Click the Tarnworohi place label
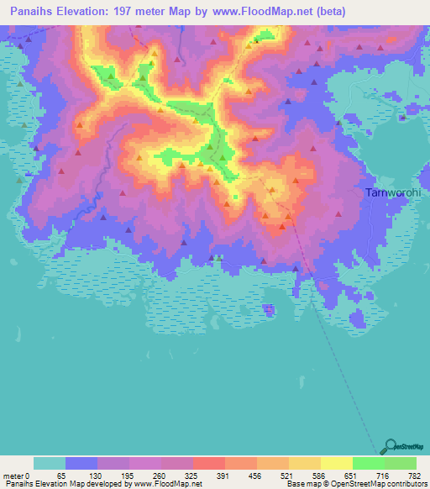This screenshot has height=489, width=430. click(391, 192)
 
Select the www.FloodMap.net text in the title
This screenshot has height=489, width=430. click(259, 12)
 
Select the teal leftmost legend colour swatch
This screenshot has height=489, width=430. click(50, 463)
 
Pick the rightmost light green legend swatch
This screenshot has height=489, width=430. click(401, 463)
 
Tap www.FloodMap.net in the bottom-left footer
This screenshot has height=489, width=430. click(165, 484)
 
